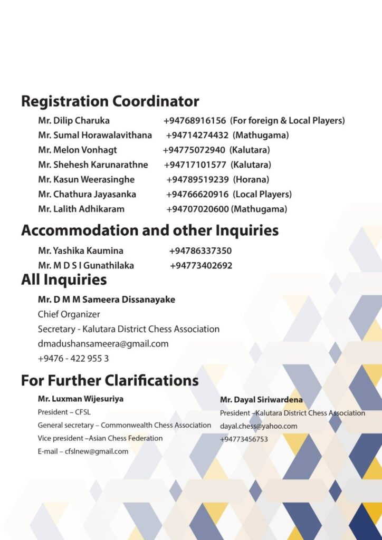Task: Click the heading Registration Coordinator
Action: pos(110,101)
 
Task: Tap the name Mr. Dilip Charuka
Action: pos(74,121)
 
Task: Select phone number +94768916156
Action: pos(195,121)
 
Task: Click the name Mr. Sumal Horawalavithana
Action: pos(95,136)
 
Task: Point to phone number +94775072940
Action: pos(194,150)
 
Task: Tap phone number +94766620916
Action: pos(197,195)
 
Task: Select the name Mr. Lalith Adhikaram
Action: pos(81,209)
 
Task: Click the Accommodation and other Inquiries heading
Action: pos(149,230)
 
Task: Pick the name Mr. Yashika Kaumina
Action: pos(81,251)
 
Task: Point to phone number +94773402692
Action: pos(201,266)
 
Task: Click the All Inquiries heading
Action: pos(64,279)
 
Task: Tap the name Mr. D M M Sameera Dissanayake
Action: pos(107,300)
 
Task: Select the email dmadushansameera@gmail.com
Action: pos(103,344)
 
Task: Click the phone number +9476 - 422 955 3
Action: pos(73,359)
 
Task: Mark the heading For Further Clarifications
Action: pos(110,380)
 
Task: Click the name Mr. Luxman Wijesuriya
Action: pos(81,399)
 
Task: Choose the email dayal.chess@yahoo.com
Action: pos(259,426)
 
